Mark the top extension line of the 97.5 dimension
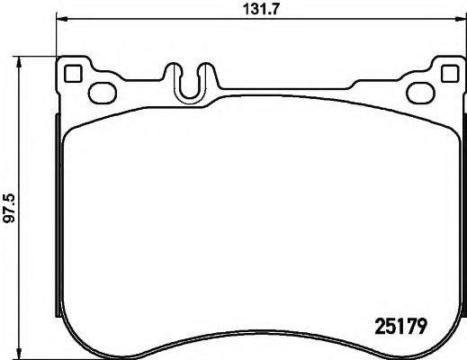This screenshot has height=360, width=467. (x=40, y=56)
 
